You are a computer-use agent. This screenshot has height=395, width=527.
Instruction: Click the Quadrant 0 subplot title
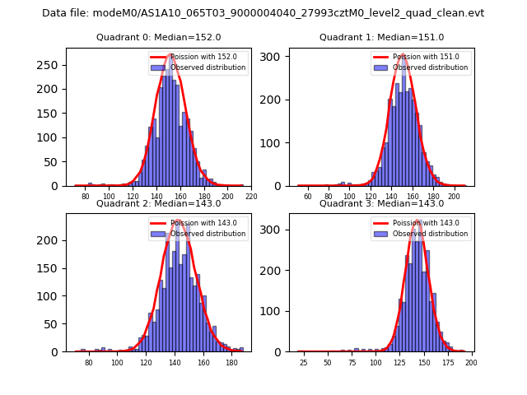point(158,37)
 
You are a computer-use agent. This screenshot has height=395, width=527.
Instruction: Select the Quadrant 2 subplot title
point(158,203)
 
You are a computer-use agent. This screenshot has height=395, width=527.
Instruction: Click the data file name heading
point(263,13)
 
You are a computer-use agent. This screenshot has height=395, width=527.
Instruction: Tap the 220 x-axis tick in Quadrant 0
point(251,197)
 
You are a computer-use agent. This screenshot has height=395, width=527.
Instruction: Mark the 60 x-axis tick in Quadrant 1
point(308,197)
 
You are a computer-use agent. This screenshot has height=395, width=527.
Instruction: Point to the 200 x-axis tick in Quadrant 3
point(471,363)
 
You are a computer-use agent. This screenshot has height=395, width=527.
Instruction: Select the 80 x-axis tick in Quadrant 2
point(89,363)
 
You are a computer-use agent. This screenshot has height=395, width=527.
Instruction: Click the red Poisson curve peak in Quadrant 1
point(403,56)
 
